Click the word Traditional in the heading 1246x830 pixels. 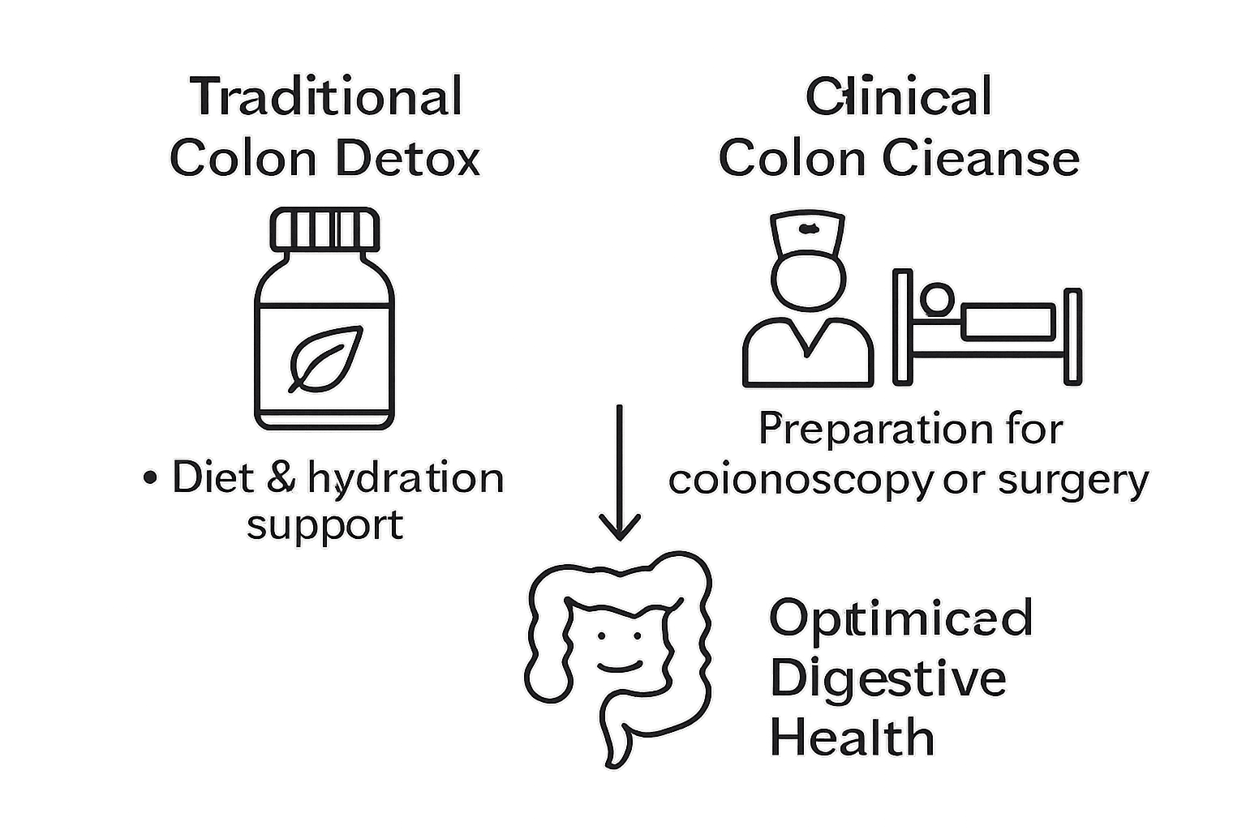(x=327, y=96)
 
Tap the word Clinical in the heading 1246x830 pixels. (x=898, y=96)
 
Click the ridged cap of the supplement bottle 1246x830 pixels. (x=324, y=229)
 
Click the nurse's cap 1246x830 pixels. (x=807, y=230)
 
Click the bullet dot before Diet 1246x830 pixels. (x=148, y=478)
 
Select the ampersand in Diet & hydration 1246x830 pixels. (x=281, y=478)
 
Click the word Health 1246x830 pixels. (x=852, y=738)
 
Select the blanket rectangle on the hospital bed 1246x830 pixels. (x=1008, y=323)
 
